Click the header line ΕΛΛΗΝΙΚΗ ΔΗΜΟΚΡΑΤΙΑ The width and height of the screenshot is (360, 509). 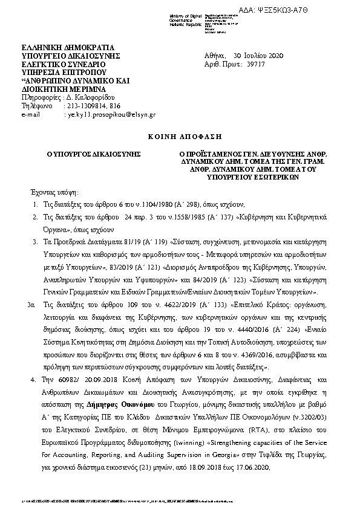(x=67, y=47)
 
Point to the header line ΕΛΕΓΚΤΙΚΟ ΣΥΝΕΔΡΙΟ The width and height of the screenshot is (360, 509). (x=63, y=63)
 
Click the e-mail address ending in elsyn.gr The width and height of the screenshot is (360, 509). (x=111, y=114)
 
